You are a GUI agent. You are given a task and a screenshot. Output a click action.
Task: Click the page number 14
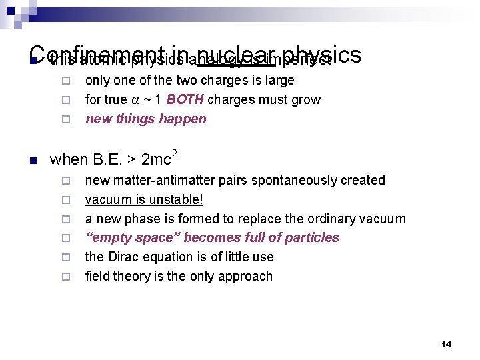click(x=446, y=344)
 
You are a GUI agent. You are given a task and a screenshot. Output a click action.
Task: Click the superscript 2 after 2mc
click(x=175, y=153)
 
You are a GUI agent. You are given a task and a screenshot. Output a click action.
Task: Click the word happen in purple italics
click(x=185, y=119)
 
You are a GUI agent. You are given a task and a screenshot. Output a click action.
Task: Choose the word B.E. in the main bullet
click(x=106, y=160)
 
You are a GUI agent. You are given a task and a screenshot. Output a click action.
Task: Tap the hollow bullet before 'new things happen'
click(x=65, y=120)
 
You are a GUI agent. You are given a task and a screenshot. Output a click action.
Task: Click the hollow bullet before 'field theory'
click(x=65, y=277)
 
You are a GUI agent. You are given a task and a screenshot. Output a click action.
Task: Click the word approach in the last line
click(x=247, y=276)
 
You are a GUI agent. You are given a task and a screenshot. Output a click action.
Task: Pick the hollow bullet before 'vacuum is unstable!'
click(x=65, y=200)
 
